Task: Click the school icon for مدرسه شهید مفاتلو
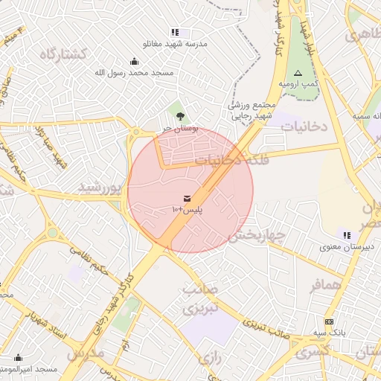pos(176,32)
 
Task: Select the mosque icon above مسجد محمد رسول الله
pos(133,61)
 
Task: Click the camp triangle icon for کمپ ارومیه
pos(298,73)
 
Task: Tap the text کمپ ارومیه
pos(298,85)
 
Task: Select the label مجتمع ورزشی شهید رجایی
pos(252,110)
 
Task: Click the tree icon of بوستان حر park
pos(180,115)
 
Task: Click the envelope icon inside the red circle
pos(186,198)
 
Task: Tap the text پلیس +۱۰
pos(187,211)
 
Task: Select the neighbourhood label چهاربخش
pos(257,236)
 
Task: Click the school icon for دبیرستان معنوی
pos(348,235)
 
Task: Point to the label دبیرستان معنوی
pos(349,246)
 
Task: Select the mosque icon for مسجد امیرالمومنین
pos(18,358)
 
